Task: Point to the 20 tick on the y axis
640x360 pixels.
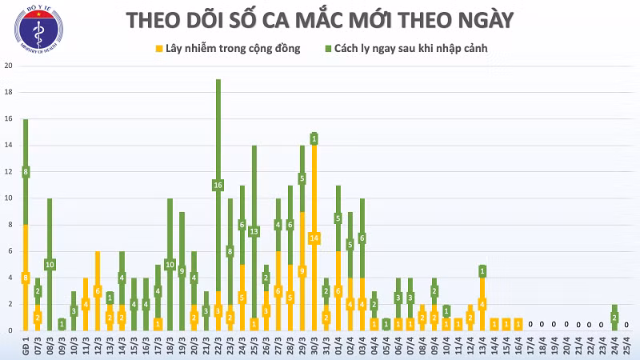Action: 8,66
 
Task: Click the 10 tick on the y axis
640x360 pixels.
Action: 8,198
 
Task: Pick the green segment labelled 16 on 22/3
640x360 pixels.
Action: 218,186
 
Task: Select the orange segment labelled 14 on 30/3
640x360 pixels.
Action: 314,238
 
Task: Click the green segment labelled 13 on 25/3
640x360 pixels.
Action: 254,232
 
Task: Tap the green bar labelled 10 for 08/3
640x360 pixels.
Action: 50,264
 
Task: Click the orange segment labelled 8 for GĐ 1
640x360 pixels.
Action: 26,278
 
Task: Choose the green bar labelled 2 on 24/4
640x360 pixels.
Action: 614,318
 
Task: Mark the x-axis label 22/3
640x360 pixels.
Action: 218,345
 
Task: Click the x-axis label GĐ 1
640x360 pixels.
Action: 26,345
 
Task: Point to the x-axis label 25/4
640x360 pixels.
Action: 626,345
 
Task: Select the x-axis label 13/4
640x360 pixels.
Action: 482,345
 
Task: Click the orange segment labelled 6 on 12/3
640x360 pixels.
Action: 98,290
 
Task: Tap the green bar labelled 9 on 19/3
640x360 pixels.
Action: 182,270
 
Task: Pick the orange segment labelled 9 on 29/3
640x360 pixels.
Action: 302,271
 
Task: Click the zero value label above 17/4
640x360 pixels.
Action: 530,325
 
